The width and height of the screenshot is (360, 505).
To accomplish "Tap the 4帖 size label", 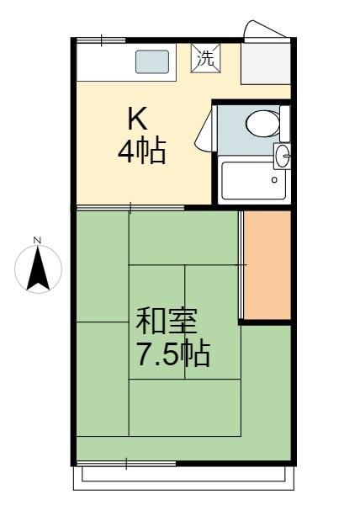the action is tap(142, 151).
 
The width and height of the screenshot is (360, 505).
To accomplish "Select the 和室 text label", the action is tap(166, 322).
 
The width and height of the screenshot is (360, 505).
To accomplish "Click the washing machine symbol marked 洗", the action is tap(206, 58).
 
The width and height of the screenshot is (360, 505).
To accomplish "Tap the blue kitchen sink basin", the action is tap(152, 61).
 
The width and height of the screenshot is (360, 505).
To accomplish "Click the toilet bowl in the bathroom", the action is tap(262, 124).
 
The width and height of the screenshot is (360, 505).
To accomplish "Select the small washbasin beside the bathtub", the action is tap(282, 156).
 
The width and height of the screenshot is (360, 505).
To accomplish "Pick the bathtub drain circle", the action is tap(274, 180).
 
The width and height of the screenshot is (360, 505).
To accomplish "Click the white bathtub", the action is tap(254, 181).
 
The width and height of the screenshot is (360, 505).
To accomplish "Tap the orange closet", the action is tap(267, 265).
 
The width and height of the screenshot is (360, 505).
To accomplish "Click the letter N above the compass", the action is tap(38, 240).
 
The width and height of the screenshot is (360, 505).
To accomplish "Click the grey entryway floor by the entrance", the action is tap(266, 64).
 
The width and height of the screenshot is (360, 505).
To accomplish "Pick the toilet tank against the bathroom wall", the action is tap(284, 124).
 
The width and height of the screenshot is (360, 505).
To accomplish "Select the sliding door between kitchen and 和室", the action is tap(130, 208).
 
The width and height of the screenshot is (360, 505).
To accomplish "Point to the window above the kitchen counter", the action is tap(101, 40).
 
